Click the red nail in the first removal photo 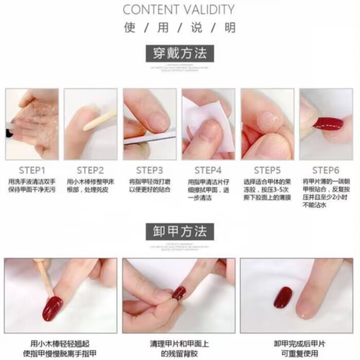coord(52,308)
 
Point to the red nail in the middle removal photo coord(179,292)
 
